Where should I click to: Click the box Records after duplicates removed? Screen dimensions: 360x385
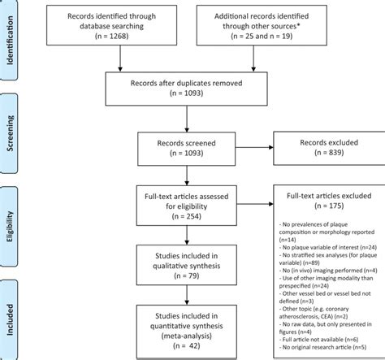[x=188, y=87]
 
